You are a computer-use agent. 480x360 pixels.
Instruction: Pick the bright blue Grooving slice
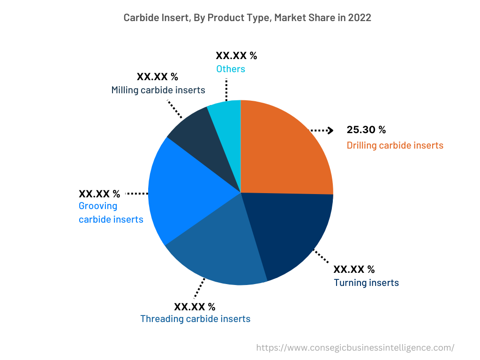183,192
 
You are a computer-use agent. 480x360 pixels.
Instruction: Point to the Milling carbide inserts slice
197,136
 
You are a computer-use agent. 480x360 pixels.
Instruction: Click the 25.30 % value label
366,130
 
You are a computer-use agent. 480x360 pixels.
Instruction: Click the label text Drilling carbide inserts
395,145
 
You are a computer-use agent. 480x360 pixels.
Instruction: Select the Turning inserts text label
366,283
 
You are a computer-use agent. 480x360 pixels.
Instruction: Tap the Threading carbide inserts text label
195,319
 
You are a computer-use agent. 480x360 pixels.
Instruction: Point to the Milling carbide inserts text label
158,90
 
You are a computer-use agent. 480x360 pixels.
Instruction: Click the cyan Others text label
230,69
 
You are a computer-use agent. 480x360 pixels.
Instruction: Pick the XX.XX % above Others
236,56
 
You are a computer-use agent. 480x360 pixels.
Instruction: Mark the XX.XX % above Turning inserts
354,270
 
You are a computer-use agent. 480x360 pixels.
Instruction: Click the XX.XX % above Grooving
99,194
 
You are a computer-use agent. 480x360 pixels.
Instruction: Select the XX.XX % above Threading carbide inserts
195,307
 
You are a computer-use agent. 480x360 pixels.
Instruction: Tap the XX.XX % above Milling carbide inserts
157,77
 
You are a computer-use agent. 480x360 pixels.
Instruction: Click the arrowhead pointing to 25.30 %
330,130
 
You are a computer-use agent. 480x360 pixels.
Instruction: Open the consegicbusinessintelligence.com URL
355,347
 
